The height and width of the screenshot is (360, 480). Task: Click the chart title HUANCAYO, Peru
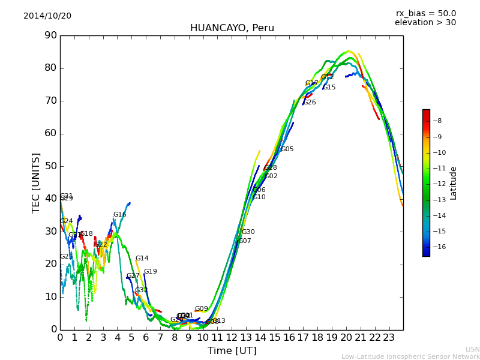(232, 28)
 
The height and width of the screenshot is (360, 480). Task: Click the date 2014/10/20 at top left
(47, 16)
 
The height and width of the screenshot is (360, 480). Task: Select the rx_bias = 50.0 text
(425, 14)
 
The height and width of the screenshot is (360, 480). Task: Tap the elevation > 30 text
(425, 23)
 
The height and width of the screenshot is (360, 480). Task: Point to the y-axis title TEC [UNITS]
(36, 182)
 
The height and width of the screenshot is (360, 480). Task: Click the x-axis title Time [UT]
(232, 351)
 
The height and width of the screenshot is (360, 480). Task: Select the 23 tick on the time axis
(389, 337)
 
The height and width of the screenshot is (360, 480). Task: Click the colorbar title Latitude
(454, 183)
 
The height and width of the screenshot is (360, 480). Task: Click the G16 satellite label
(120, 215)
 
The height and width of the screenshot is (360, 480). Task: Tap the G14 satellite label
(142, 259)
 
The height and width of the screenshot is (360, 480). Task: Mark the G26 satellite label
(309, 103)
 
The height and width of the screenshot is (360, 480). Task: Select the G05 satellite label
(287, 149)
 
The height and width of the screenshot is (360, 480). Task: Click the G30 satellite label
(248, 232)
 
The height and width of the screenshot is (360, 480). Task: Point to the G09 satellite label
(201, 309)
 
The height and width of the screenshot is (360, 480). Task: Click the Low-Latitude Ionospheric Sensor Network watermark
(410, 357)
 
